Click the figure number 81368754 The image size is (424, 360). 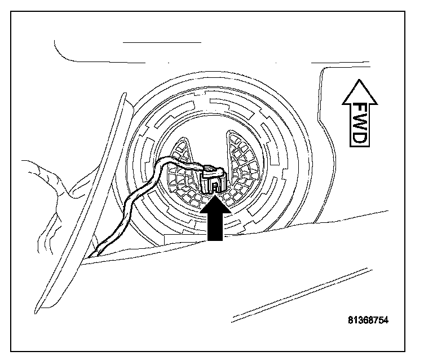click(368, 320)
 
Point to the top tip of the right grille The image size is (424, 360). click(231, 134)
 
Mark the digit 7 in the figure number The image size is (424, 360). click(374, 320)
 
